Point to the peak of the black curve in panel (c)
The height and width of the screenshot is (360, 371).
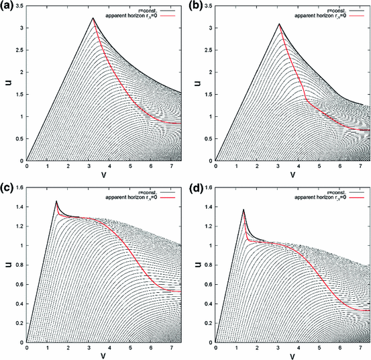[56, 201]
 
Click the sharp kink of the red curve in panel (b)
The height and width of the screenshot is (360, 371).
[305, 100]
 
